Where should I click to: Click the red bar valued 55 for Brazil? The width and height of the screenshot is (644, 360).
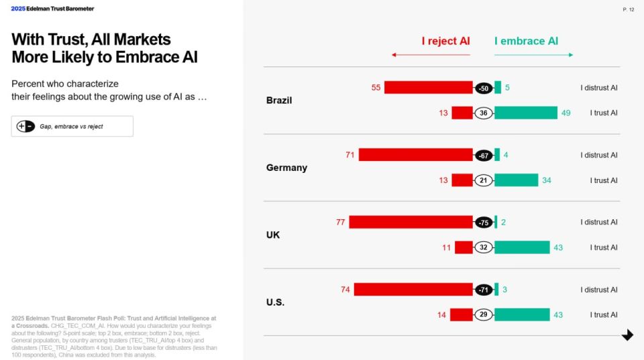[x=428, y=87]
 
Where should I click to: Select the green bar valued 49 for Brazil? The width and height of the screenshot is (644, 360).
[x=525, y=113]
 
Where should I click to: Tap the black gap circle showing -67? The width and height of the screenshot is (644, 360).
[x=484, y=155]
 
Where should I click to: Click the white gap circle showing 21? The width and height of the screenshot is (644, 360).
[x=484, y=180]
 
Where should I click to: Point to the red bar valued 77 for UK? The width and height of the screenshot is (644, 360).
[x=411, y=222]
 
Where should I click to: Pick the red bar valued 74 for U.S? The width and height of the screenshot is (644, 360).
[x=413, y=290]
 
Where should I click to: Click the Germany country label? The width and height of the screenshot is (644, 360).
[x=286, y=168]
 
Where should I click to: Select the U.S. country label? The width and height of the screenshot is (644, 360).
[x=275, y=302]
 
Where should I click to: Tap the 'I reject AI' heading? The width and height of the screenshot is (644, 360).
[x=445, y=41]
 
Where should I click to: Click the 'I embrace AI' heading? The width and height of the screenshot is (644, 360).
[x=526, y=41]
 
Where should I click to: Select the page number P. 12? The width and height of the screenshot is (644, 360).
[x=628, y=9]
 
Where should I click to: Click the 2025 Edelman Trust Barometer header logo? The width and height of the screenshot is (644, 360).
[x=52, y=9]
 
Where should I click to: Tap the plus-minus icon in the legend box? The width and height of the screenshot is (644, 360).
[x=25, y=126]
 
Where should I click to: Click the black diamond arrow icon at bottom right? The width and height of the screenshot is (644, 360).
[x=627, y=335]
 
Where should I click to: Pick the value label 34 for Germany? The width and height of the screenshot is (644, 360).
[x=547, y=180]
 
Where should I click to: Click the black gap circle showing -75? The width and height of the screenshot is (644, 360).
[x=484, y=223]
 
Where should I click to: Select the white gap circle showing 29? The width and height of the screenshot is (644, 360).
[x=484, y=315]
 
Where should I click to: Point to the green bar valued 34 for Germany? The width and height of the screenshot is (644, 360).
[x=516, y=180]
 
